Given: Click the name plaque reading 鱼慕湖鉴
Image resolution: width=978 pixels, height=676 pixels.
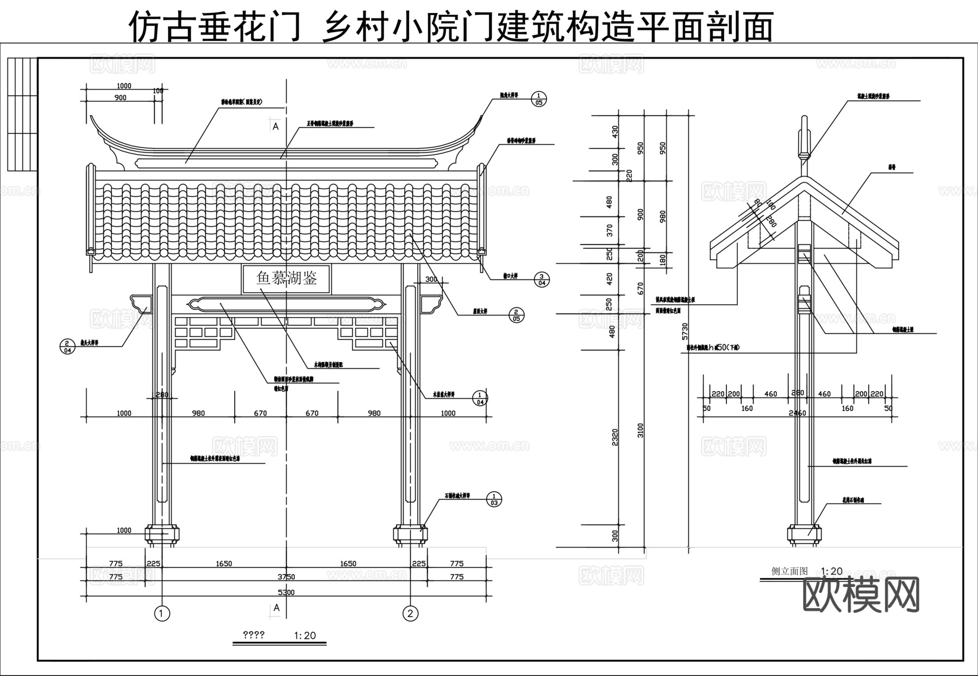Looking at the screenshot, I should [x=286, y=279].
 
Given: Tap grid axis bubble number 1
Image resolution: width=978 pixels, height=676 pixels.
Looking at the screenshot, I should [x=162, y=614].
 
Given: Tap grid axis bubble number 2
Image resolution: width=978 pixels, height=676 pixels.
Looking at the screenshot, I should [x=410, y=614].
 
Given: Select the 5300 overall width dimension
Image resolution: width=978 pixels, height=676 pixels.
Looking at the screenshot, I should [x=286, y=592].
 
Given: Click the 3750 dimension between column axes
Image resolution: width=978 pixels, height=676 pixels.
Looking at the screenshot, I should [x=286, y=577].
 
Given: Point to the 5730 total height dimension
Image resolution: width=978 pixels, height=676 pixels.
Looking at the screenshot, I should [x=685, y=332].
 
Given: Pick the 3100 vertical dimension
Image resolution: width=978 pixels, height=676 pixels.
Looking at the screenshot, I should [x=641, y=430].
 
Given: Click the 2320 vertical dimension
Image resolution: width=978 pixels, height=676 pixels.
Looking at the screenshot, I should [x=615, y=438].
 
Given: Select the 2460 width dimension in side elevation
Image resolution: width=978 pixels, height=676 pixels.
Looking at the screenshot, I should [x=797, y=413].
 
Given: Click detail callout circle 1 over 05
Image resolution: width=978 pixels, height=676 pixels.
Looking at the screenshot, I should [x=538, y=98].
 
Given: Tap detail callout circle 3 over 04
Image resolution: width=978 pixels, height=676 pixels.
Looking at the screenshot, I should [x=542, y=279].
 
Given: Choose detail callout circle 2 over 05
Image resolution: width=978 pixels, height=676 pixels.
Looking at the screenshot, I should [x=516, y=314].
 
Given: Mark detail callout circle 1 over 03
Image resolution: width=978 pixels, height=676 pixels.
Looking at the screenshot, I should [x=494, y=499].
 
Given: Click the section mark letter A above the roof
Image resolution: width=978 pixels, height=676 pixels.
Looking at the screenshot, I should [x=275, y=126].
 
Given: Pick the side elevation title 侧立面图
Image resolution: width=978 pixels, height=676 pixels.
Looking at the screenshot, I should [x=789, y=571].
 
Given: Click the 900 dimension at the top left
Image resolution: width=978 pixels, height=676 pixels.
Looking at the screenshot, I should [x=121, y=98].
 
